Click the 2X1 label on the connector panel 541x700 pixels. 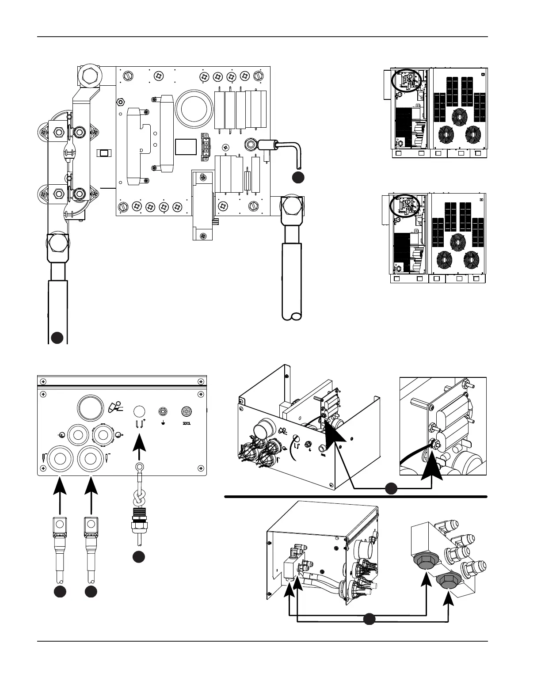(187, 424)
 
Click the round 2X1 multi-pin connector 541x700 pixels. (187, 412)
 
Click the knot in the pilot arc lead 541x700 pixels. (139, 498)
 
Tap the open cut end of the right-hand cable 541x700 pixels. (292, 316)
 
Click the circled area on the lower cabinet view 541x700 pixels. (404, 206)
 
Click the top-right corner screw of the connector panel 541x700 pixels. (201, 382)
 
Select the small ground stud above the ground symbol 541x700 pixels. (163, 411)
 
